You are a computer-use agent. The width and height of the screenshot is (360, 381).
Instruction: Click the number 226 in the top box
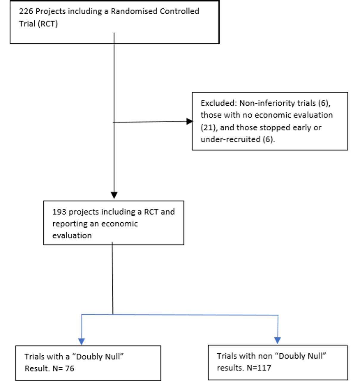pyautogui.click(x=26, y=11)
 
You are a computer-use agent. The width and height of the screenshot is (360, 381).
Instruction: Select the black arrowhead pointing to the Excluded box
pyautogui.click(x=190, y=121)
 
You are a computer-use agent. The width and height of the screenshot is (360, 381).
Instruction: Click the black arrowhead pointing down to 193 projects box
pyautogui.click(x=114, y=195)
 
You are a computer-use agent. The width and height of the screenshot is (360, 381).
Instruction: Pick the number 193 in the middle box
pyautogui.click(x=59, y=212)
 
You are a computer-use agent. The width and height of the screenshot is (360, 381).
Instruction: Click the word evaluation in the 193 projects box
pyautogui.click(x=72, y=235)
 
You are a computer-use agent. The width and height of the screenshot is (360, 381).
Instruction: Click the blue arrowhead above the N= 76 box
pyautogui.click(x=81, y=341)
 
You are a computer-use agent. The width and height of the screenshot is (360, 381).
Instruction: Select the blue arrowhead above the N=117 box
pyautogui.click(x=277, y=341)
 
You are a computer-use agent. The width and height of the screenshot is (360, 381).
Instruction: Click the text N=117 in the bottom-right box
pyautogui.click(x=259, y=368)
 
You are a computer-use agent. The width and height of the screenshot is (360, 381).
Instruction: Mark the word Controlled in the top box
pyautogui.click(x=179, y=11)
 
